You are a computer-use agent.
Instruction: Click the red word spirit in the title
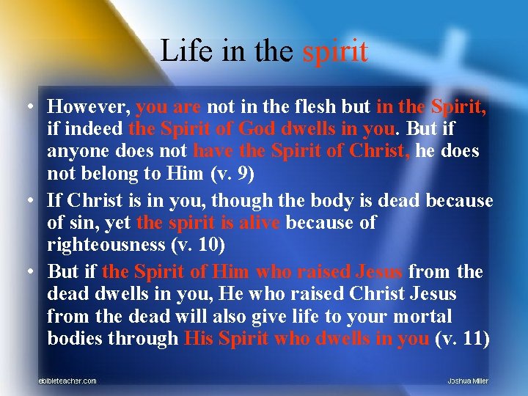click(335, 51)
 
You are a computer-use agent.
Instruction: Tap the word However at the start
click(88, 107)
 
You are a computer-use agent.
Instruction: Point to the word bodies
click(73, 339)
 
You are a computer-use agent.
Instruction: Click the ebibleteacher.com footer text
click(67, 381)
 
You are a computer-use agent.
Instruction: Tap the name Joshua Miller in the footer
click(468, 381)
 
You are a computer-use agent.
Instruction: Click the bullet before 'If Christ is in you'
click(26, 199)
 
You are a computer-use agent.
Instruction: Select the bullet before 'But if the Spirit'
click(26, 271)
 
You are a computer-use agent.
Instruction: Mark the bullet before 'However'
click(26, 108)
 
